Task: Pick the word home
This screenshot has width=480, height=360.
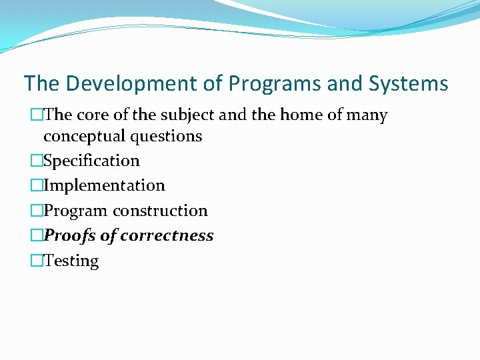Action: point(303,115)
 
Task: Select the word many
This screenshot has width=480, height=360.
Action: point(367,115)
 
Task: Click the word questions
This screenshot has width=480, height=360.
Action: point(167,136)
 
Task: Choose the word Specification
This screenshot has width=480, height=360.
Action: point(91,161)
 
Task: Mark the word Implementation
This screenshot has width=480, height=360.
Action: point(104,185)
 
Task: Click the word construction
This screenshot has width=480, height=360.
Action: point(160,211)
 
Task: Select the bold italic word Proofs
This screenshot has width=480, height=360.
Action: point(69,235)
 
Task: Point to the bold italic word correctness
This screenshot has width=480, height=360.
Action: point(167,235)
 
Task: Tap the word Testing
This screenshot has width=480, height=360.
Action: point(71,261)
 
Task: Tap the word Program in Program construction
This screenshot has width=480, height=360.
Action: point(76,211)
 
